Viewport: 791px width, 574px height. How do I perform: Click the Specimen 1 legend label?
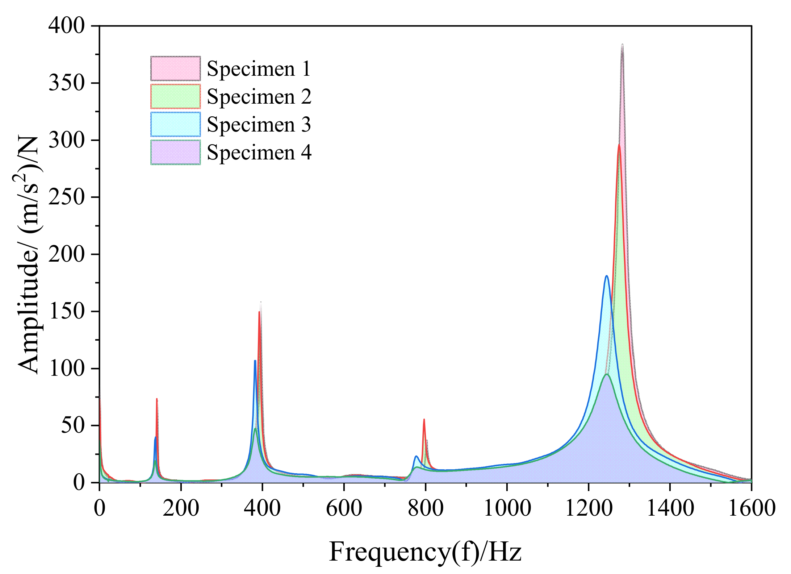(x=259, y=68)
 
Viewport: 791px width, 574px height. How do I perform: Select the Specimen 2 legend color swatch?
(x=175, y=96)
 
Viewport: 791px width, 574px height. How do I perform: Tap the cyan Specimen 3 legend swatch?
(x=175, y=124)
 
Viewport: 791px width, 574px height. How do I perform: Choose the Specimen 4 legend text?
(x=259, y=152)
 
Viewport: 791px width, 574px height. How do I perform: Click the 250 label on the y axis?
(x=66, y=197)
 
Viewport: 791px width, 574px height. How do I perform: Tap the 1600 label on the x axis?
(x=751, y=508)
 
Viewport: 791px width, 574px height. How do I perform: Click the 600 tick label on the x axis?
(x=344, y=508)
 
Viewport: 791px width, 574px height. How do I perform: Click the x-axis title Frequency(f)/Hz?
(x=425, y=552)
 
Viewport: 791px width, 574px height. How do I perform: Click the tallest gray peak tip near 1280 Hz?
(x=622, y=45)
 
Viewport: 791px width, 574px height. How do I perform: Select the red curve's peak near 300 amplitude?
(x=619, y=145)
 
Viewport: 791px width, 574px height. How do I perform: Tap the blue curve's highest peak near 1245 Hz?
(x=606, y=276)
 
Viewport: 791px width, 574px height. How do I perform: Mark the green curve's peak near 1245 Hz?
(x=606, y=374)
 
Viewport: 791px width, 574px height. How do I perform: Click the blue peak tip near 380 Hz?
(x=255, y=361)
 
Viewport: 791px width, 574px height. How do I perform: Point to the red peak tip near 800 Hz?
(x=424, y=419)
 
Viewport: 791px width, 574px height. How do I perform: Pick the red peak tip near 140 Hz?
(x=156, y=399)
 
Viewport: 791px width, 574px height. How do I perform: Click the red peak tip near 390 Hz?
(x=259, y=312)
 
